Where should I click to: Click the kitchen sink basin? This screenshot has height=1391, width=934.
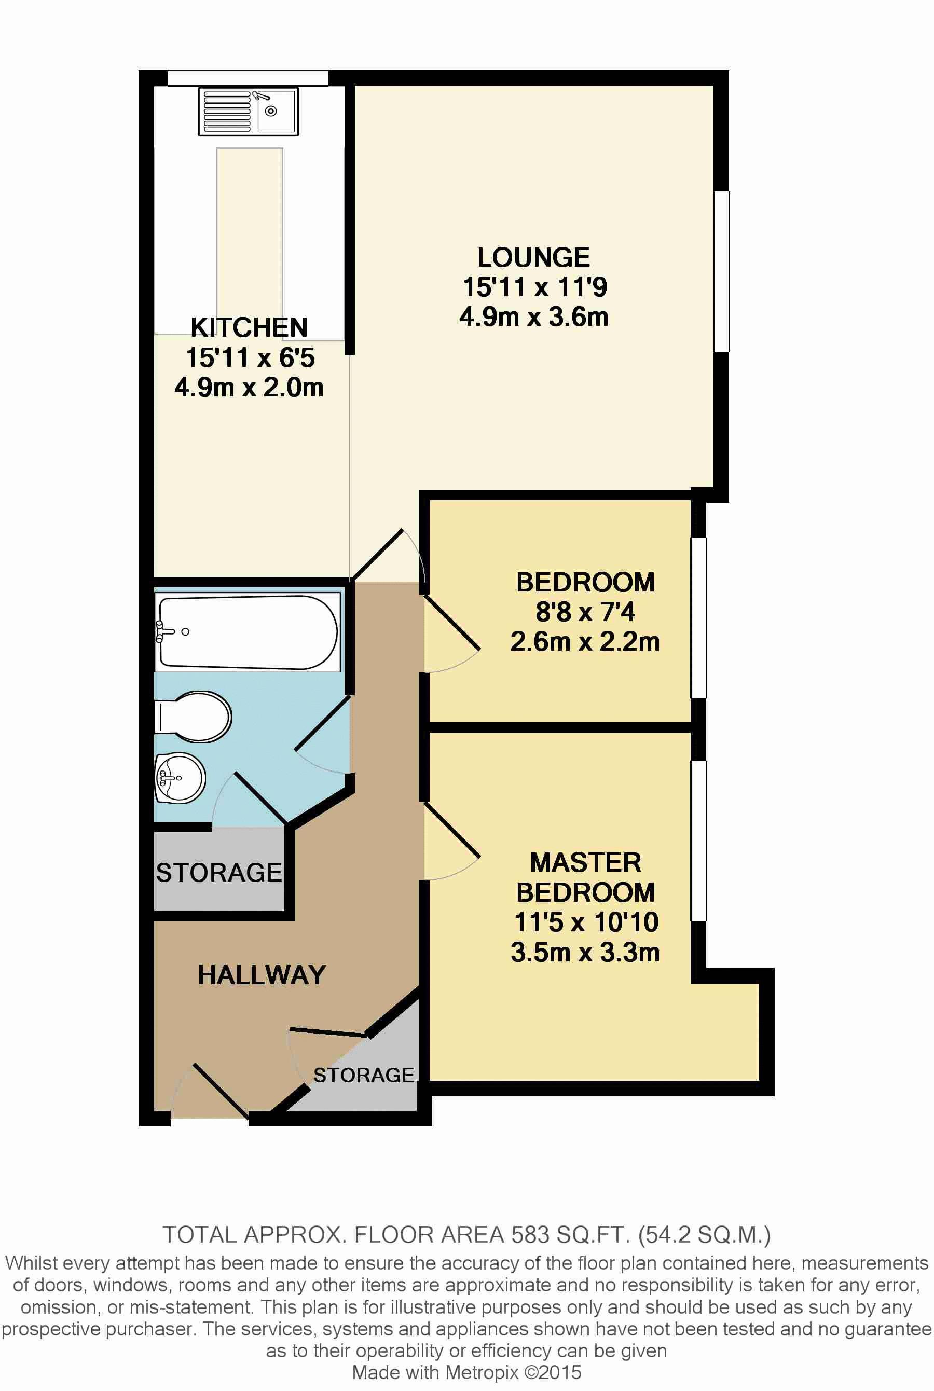click(x=276, y=112)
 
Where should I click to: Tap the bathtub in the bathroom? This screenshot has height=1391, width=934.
click(x=248, y=632)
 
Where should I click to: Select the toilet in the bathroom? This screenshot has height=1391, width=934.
click(x=193, y=717)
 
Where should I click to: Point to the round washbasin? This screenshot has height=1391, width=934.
click(x=180, y=778)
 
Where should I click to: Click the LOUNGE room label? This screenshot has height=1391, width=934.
click(x=534, y=258)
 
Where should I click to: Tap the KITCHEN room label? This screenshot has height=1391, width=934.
click(x=249, y=327)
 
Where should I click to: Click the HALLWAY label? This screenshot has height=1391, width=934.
click(x=262, y=975)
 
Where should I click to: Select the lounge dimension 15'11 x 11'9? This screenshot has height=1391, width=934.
click(x=535, y=287)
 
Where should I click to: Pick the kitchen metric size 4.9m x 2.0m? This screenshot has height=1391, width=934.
click(x=249, y=388)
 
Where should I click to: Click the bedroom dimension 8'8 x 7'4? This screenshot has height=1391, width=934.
click(x=585, y=612)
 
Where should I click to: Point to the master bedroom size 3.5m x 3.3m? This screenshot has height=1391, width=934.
click(x=585, y=952)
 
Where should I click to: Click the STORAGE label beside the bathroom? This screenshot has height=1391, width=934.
click(x=218, y=873)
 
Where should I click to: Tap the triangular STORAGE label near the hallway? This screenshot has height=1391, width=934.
click(x=363, y=1075)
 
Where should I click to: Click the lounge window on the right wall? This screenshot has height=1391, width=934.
click(x=721, y=271)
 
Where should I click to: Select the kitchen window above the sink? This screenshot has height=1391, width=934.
click(x=248, y=78)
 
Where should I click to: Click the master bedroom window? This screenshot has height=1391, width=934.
click(x=699, y=841)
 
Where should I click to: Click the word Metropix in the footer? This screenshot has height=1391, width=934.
click(x=482, y=1372)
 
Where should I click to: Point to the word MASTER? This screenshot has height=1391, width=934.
click(x=585, y=862)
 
